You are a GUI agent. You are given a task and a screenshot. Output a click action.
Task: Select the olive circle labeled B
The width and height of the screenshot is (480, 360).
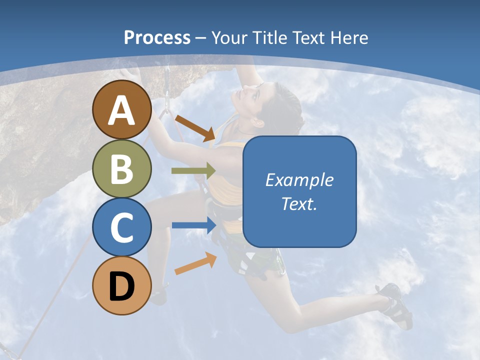pyautogui.click(x=122, y=168)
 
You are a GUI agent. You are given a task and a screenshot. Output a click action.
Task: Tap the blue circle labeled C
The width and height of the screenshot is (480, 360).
pyautogui.click(x=122, y=227)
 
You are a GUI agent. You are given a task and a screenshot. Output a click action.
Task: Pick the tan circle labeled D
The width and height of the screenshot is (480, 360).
pyautogui.click(x=122, y=286)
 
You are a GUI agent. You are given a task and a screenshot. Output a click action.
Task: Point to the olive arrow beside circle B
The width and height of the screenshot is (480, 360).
pyautogui.click(x=193, y=171)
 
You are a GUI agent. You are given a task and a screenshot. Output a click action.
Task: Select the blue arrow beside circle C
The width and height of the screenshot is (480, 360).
pyautogui.click(x=193, y=225)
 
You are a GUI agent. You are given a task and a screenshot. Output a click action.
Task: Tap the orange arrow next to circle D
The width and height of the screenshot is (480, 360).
pyautogui.click(x=195, y=264)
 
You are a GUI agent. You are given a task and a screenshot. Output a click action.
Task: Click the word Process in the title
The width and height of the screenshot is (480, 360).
pyautogui.click(x=157, y=37)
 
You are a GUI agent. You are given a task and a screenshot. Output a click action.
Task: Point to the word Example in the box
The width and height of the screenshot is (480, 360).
pyautogui.click(x=299, y=180)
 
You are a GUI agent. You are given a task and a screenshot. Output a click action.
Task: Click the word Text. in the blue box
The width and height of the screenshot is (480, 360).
pyautogui.click(x=299, y=203)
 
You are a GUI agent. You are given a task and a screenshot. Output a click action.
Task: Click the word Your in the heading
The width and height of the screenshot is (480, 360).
pyautogui.click(x=229, y=37)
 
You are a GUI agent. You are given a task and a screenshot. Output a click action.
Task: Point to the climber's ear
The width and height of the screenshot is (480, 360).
pyautogui.click(x=258, y=121)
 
